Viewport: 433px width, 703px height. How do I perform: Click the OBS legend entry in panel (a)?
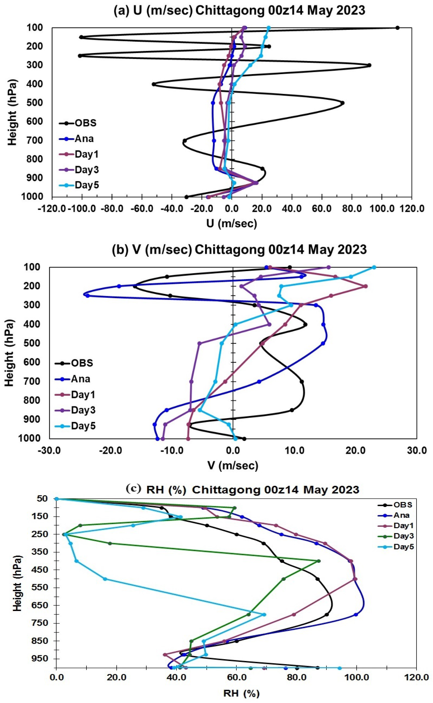pyautogui.click(x=85, y=123)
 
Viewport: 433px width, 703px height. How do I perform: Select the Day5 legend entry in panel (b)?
pyautogui.click(x=83, y=426)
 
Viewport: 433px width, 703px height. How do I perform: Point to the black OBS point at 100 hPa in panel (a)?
pyautogui.click(x=397, y=28)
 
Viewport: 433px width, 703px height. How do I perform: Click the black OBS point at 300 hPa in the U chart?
pyautogui.click(x=369, y=65)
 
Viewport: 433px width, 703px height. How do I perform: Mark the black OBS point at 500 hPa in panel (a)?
pyautogui.click(x=343, y=103)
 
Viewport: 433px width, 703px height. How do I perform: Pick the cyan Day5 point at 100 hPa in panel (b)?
pyautogui.click(x=374, y=267)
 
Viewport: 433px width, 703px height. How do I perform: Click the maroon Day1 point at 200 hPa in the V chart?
pyautogui.click(x=365, y=286)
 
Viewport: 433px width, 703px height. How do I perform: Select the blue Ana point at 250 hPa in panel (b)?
pyautogui.click(x=88, y=296)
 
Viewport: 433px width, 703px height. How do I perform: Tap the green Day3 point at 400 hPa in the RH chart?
pyautogui.click(x=319, y=561)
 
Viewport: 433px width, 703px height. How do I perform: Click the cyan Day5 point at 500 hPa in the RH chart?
pyautogui.click(x=105, y=579)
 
